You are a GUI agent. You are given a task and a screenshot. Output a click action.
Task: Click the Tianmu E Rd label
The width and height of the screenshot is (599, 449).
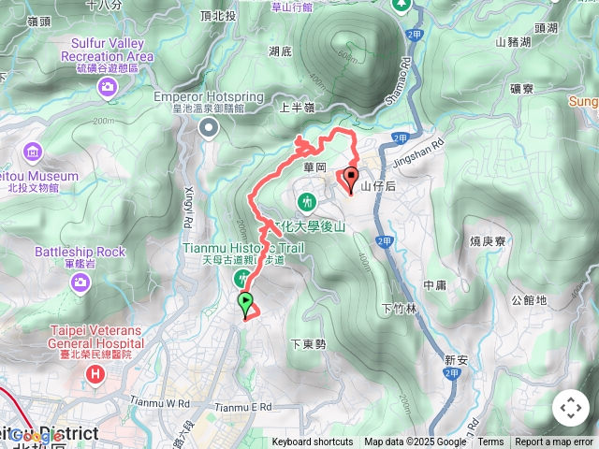coord(242,407)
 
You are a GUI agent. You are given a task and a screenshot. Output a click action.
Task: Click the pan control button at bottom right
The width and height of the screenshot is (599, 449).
coord(570,408)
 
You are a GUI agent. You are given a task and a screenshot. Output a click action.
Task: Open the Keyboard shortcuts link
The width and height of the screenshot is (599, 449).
coord(313,442)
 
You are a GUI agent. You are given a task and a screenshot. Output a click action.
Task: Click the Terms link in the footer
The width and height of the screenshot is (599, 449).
coord(490,442)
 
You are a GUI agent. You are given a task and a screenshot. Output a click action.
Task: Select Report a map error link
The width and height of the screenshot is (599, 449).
coord(555,442)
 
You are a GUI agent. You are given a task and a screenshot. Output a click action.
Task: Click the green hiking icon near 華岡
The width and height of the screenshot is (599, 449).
coord(306,200)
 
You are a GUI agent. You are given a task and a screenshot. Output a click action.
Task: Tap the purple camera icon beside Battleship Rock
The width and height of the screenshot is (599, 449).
coord(82,281)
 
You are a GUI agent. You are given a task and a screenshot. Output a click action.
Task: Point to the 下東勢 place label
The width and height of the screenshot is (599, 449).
coord(308,343)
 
